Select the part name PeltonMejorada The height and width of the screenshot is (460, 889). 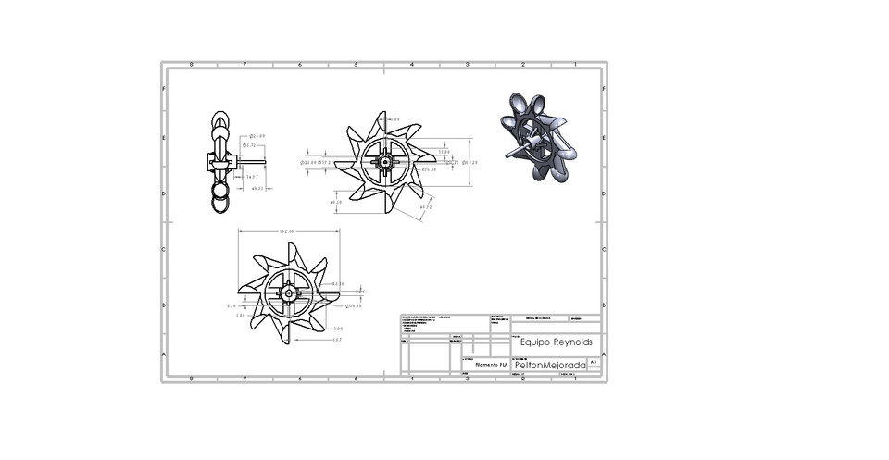[x=549, y=366]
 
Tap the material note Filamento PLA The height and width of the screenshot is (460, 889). [x=491, y=365]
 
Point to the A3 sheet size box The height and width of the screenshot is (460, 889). [x=594, y=363]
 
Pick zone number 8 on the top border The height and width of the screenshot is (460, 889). [x=191, y=66]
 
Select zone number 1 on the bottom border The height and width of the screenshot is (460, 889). [x=575, y=379]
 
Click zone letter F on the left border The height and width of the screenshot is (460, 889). [x=165, y=89]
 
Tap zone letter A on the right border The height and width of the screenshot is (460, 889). [x=604, y=354]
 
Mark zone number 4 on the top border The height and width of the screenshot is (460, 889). [x=411, y=66]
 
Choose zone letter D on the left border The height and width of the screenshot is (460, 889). [x=165, y=194]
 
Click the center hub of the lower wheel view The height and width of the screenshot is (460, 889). [x=289, y=294]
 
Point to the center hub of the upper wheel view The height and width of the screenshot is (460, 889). [x=384, y=162]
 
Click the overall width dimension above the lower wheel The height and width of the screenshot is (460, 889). [x=287, y=232]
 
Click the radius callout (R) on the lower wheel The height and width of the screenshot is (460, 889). [x=337, y=284]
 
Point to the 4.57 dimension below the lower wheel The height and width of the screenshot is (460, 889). [x=337, y=340]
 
